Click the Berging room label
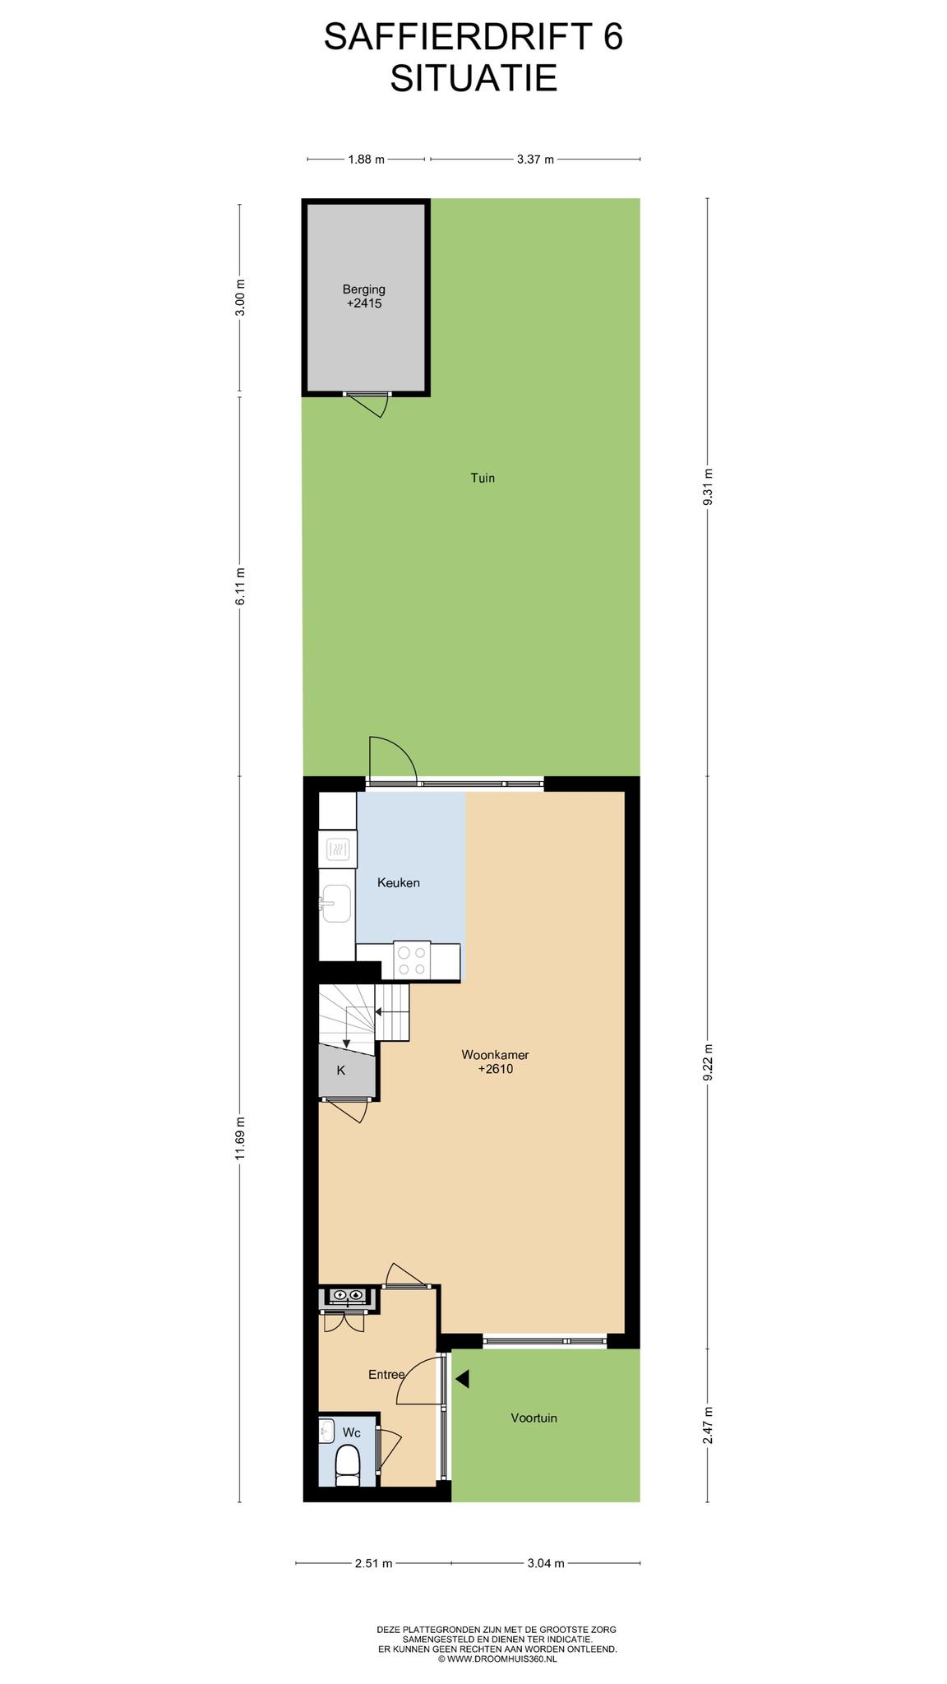(x=364, y=289)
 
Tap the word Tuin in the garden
(x=483, y=478)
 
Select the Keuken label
(x=399, y=883)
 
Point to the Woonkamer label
(x=495, y=1055)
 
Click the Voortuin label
(x=534, y=1418)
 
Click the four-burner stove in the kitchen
(x=412, y=960)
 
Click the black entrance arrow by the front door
(x=462, y=1379)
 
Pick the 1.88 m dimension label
(x=367, y=160)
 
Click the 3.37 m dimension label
(x=535, y=160)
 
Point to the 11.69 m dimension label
(x=240, y=1139)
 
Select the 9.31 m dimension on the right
(x=708, y=490)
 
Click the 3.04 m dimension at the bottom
(x=546, y=1563)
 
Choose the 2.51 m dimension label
(x=374, y=1563)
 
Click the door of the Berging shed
(x=365, y=403)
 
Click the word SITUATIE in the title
(x=473, y=79)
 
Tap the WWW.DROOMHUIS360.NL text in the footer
(x=501, y=1659)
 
